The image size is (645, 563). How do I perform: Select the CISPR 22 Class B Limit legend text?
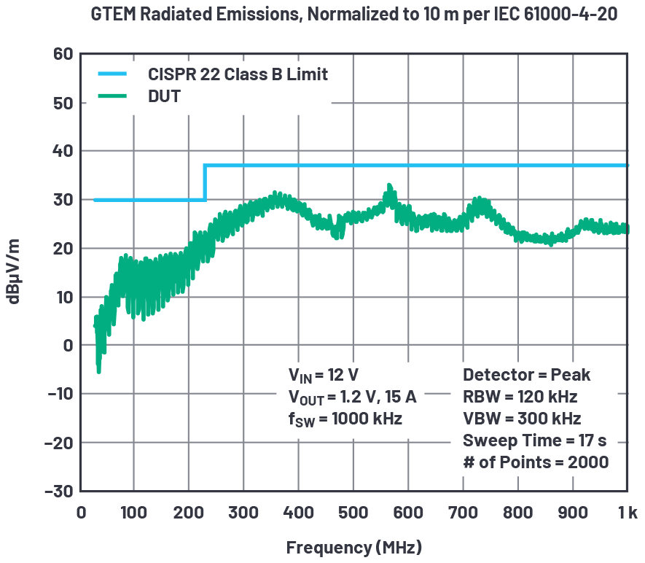coord(238,74)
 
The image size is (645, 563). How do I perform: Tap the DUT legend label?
coord(164,95)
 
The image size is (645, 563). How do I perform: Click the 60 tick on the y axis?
coord(63,54)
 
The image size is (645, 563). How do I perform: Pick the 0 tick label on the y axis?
coord(69,346)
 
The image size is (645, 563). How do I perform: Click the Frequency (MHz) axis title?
coord(353,546)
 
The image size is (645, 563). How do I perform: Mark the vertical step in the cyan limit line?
coord(205,182)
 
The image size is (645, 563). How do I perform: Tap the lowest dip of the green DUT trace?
coord(98,370)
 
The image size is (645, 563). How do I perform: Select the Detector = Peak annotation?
coord(526,376)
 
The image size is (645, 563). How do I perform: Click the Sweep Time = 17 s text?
coord(534,440)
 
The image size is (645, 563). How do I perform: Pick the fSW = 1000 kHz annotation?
coord(345,419)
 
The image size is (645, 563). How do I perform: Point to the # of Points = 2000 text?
coord(536,462)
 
